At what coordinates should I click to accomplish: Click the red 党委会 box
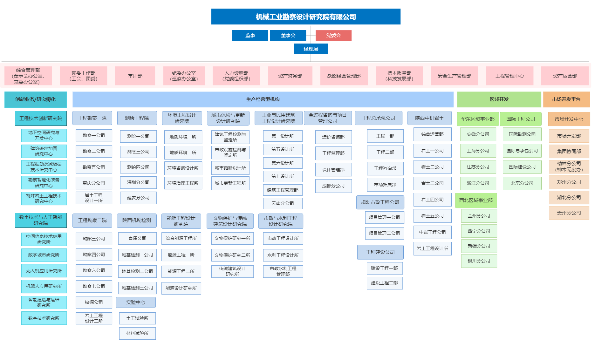click(x=333, y=36)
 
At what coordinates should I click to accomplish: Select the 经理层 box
click(x=311, y=49)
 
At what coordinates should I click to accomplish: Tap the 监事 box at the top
click(x=250, y=36)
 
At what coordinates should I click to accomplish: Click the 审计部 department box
click(x=135, y=76)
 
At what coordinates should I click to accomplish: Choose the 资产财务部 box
click(x=290, y=76)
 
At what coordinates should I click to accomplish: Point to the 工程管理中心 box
click(x=510, y=76)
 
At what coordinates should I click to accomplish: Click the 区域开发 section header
click(x=499, y=99)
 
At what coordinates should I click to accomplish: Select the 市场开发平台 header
click(x=566, y=99)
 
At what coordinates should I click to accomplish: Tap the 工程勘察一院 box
click(x=92, y=118)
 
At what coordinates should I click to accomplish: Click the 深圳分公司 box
click(x=138, y=182)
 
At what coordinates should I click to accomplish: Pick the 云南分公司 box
click(x=283, y=203)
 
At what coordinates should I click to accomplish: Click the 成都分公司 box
click(x=333, y=186)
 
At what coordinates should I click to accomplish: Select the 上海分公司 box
click(x=478, y=151)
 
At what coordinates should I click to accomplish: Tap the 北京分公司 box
click(x=522, y=183)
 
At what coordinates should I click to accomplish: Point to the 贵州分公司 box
click(x=569, y=213)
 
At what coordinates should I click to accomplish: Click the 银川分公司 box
click(x=479, y=261)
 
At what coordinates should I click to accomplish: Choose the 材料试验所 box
click(x=137, y=333)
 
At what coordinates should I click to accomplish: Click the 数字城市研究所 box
click(x=44, y=255)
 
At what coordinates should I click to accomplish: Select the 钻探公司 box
click(x=94, y=302)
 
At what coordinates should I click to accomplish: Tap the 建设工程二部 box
click(x=384, y=283)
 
